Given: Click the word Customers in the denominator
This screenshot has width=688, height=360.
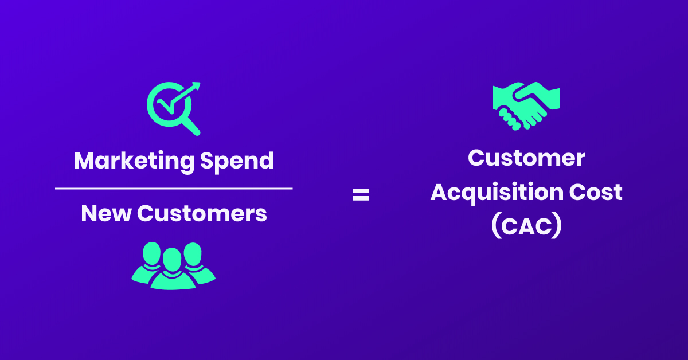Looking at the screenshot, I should coord(202,214).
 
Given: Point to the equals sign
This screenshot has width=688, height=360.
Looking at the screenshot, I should coord(361,195).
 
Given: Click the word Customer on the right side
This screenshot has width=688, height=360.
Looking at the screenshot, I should coord(526,158).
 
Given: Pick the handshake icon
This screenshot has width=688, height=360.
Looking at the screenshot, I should coord(526,105).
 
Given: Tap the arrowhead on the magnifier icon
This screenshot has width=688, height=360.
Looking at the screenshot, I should coord(196,87).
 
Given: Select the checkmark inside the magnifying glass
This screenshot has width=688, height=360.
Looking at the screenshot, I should coord(166,104).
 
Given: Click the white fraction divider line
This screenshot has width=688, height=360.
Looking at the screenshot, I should coord(174,188).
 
